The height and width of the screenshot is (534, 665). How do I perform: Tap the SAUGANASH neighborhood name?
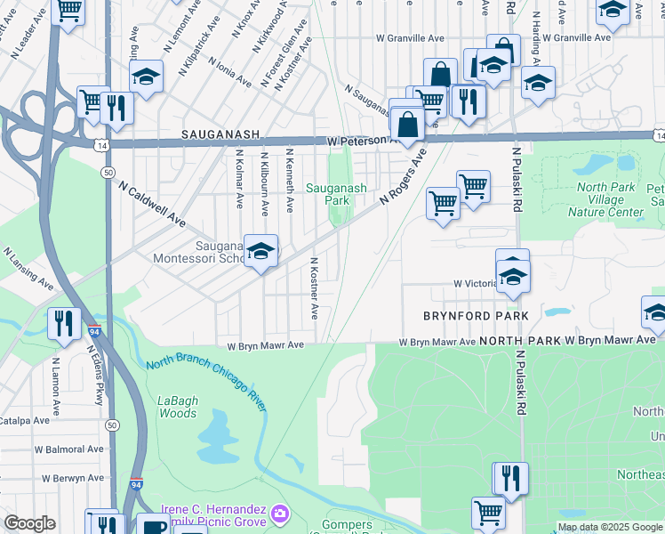click(x=220, y=134)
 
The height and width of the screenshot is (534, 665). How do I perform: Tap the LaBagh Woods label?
click(x=177, y=407)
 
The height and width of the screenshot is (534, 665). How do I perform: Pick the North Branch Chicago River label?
click(x=206, y=382)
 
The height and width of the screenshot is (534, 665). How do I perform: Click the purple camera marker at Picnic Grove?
click(x=279, y=514)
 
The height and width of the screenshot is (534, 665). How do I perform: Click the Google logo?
click(x=29, y=523)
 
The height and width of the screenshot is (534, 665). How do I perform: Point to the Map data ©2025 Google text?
click(x=609, y=527)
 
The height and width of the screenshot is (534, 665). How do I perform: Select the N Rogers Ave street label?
click(x=404, y=176)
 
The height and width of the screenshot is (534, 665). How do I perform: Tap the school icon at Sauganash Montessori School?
click(x=260, y=253)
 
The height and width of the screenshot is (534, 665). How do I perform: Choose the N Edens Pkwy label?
click(x=98, y=382)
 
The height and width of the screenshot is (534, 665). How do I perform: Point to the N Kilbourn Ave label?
click(x=264, y=182)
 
